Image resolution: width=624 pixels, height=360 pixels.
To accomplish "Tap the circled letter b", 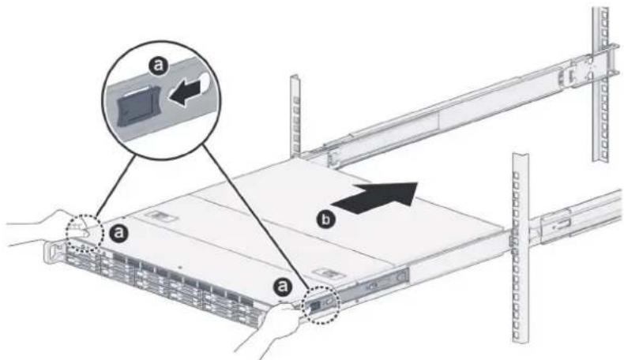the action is [325, 220].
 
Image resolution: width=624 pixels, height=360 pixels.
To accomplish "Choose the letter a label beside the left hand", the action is [118, 233].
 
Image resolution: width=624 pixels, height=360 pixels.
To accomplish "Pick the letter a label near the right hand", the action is [282, 286].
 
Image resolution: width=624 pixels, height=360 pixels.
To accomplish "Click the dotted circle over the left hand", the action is [85, 234].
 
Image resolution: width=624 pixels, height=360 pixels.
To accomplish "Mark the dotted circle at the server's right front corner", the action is [321, 304].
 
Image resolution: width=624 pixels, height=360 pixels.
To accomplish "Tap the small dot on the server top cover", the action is [180, 268].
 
